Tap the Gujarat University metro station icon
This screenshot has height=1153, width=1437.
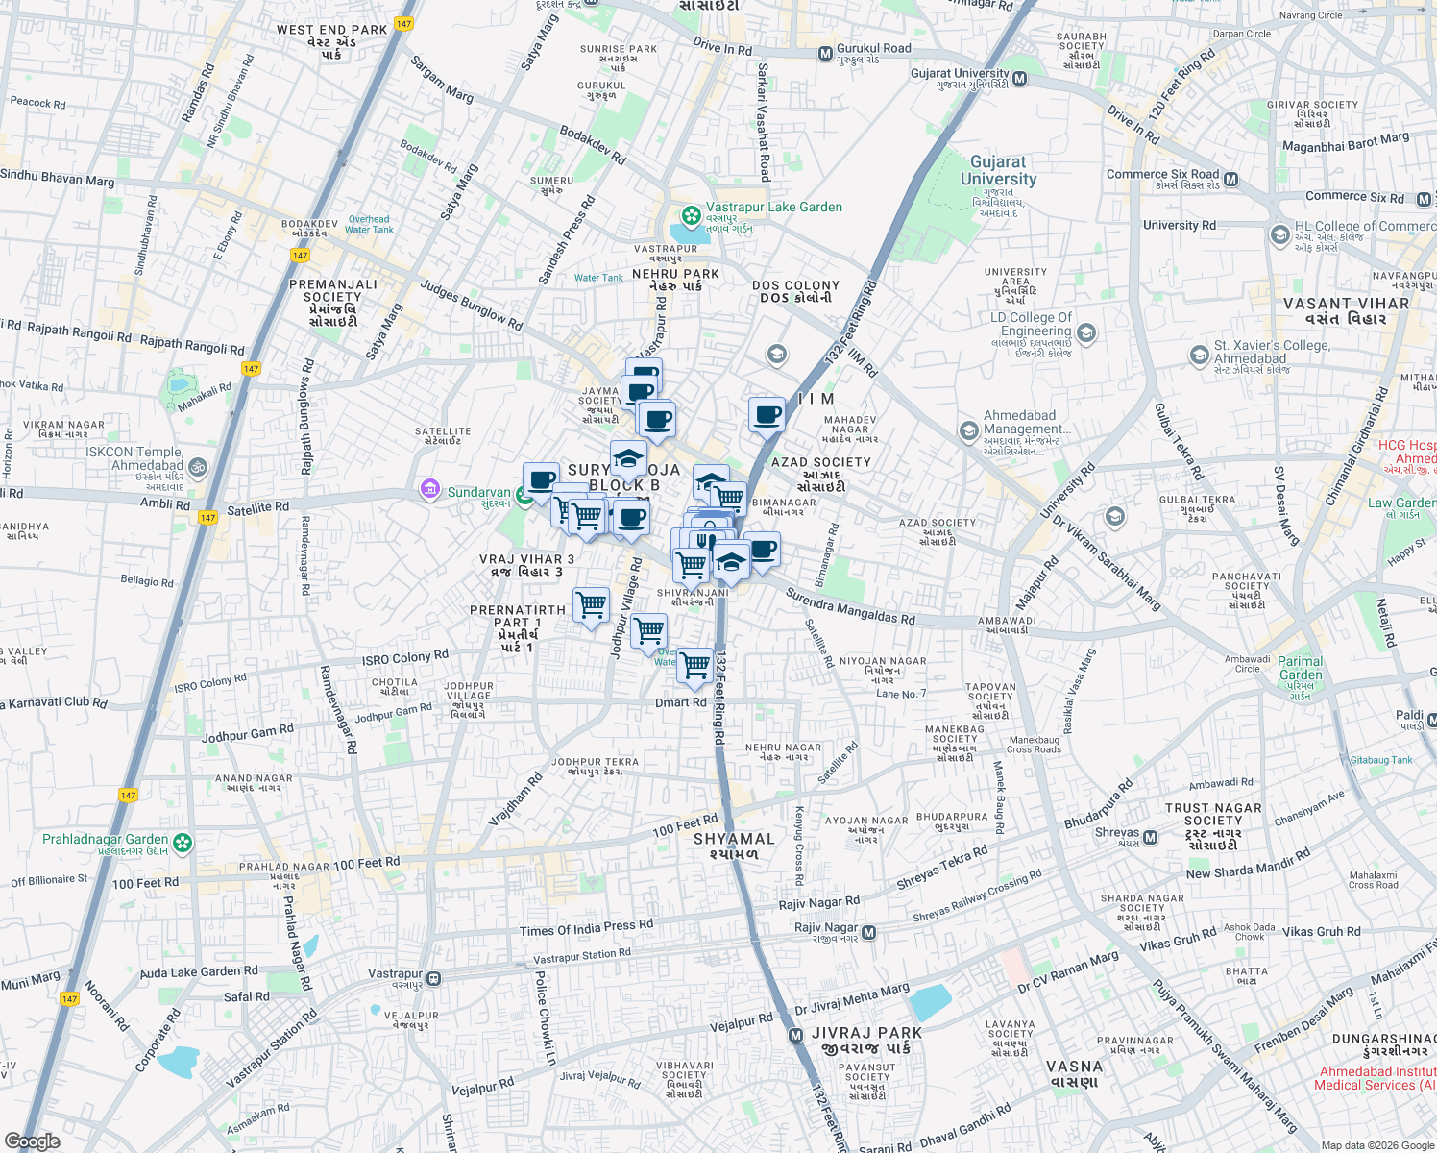point(1020,79)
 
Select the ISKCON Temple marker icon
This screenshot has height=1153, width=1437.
point(197,467)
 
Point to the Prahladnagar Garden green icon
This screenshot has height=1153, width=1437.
point(183,844)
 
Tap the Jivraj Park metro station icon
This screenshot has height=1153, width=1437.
point(795,1035)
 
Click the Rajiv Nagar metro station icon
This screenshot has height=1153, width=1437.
point(869,932)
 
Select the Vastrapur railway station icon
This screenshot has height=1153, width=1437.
point(434,979)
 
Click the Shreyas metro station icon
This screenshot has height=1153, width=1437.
point(1150,839)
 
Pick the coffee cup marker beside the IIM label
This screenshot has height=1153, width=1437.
point(767,415)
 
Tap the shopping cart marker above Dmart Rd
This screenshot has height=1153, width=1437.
point(694,665)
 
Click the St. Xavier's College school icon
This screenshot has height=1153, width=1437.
point(1199,356)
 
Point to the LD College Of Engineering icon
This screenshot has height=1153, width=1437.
point(1086,332)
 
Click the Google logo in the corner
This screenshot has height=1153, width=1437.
point(32,1141)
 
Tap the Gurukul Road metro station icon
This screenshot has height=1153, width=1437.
point(825,54)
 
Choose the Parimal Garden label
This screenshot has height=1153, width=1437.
point(1301,668)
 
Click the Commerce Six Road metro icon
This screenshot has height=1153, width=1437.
point(1231,180)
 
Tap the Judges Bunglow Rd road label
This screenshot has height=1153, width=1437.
point(471,307)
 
